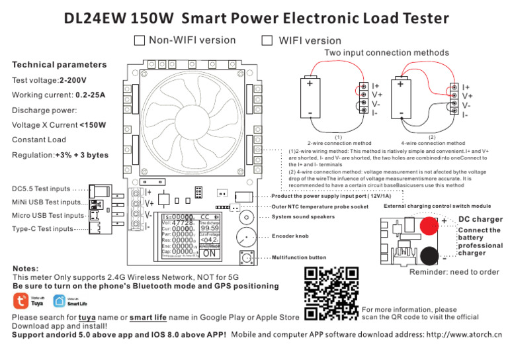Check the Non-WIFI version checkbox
pyautogui.click(x=139, y=41)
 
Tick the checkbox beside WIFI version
pyautogui.click(x=267, y=41)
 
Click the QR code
pyautogui.click(x=331, y=292)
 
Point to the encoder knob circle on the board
pyautogui.click(x=246, y=236)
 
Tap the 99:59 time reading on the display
pyautogui.click(x=210, y=228)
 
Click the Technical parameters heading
pyautogui.click(x=59, y=65)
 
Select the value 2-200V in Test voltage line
pyautogui.click(x=73, y=81)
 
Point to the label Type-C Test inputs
pyautogui.click(x=42, y=229)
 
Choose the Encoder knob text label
pyautogui.click(x=291, y=236)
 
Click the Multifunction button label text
pyautogui.click(x=299, y=257)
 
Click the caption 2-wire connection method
pyautogui.click(x=339, y=143)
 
